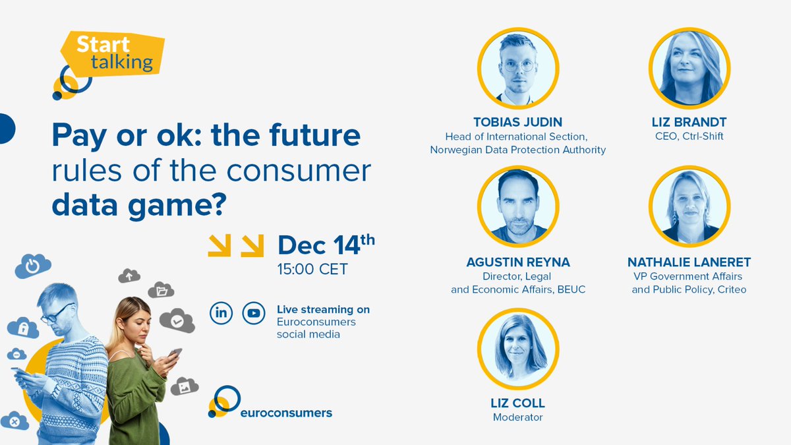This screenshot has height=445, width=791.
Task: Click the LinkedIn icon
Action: (x=221, y=313)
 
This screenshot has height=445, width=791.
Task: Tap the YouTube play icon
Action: (x=253, y=313)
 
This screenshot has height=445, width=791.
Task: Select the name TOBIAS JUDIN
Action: (x=517, y=122)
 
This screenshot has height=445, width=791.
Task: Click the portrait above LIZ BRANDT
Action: (x=689, y=68)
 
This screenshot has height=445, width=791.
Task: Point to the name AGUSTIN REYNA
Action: (x=517, y=262)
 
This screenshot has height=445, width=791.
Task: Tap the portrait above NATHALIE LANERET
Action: (x=689, y=206)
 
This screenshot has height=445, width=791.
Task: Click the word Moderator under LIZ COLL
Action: (x=517, y=417)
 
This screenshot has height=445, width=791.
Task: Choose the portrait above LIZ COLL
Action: (x=517, y=347)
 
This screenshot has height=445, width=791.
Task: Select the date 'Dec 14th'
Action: (x=326, y=245)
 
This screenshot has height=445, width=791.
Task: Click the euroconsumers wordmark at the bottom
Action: (x=285, y=413)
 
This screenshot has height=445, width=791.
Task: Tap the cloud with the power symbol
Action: (x=32, y=266)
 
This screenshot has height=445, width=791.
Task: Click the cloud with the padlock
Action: (x=24, y=328)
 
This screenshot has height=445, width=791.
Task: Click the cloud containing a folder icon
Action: (x=160, y=289)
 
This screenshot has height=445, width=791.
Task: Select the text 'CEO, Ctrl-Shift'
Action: (x=689, y=136)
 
